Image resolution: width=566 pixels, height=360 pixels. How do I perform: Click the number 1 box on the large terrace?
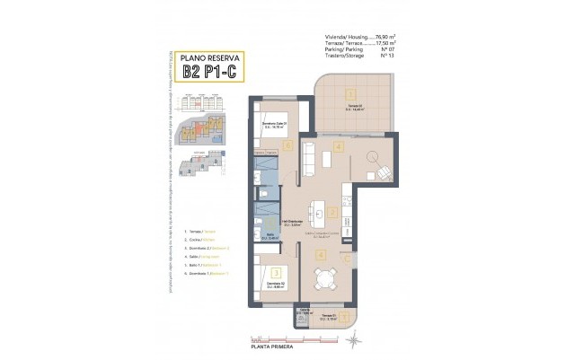(x=350, y=92)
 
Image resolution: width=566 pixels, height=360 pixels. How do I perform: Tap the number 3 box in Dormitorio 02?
(x=277, y=272)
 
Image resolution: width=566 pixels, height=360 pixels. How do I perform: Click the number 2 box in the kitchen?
(x=332, y=213)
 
